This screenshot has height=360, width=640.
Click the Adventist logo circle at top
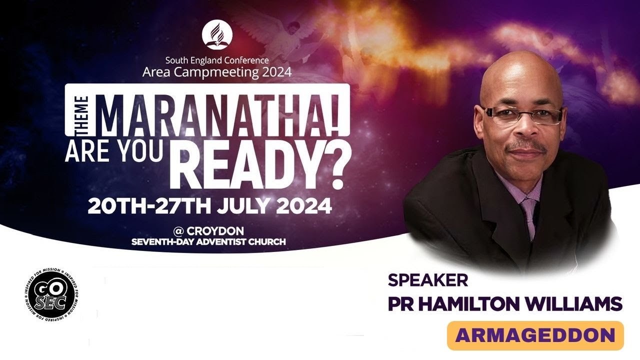[x=217, y=35]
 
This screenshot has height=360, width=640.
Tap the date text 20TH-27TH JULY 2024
[x=209, y=205]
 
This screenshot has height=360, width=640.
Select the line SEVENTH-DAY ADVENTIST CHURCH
[x=208, y=242]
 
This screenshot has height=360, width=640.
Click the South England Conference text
[x=217, y=61]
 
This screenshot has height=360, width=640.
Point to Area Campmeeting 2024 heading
[x=217, y=72]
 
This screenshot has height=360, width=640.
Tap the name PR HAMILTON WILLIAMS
[x=505, y=304]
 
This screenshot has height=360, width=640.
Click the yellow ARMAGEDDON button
[x=535, y=335]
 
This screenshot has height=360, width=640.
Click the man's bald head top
[x=520, y=67]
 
